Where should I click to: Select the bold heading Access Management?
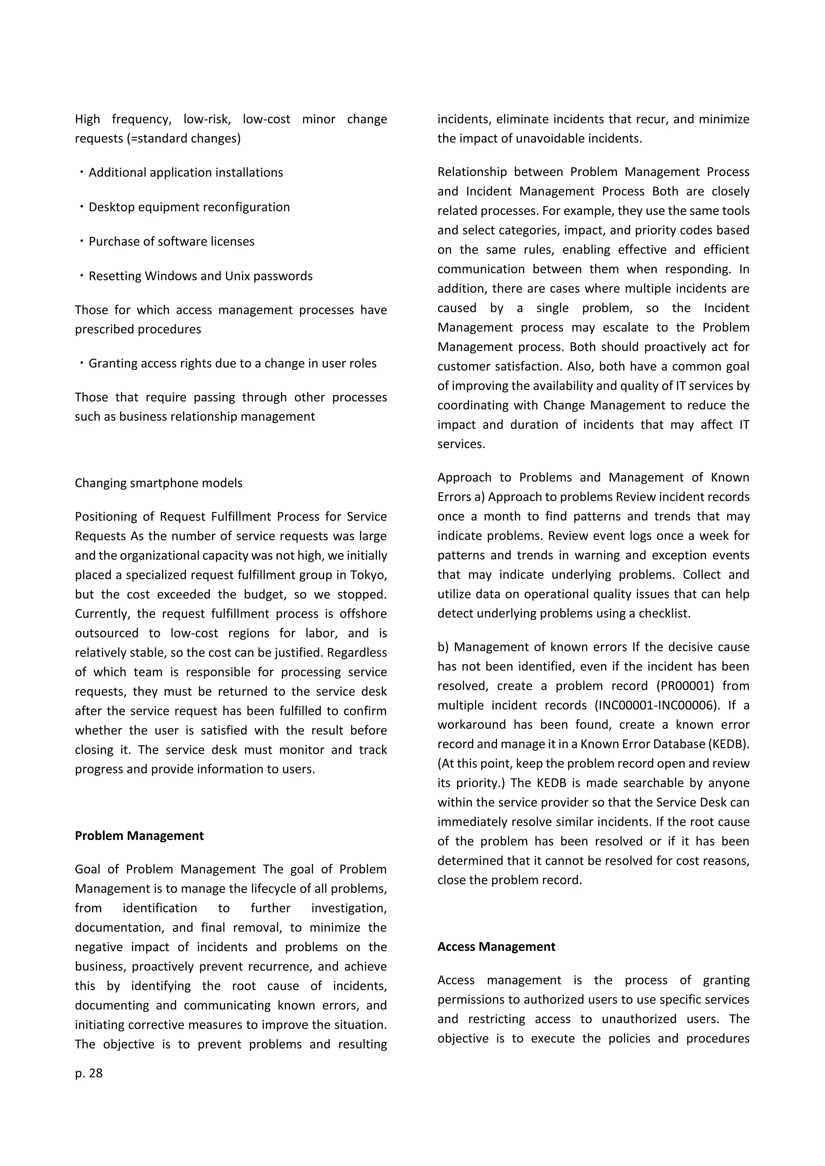[x=496, y=946]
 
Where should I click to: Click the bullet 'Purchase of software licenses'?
[x=171, y=241]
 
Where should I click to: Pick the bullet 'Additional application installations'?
[x=185, y=172]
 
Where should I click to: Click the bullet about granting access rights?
[x=232, y=363]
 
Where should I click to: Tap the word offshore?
[x=363, y=614]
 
